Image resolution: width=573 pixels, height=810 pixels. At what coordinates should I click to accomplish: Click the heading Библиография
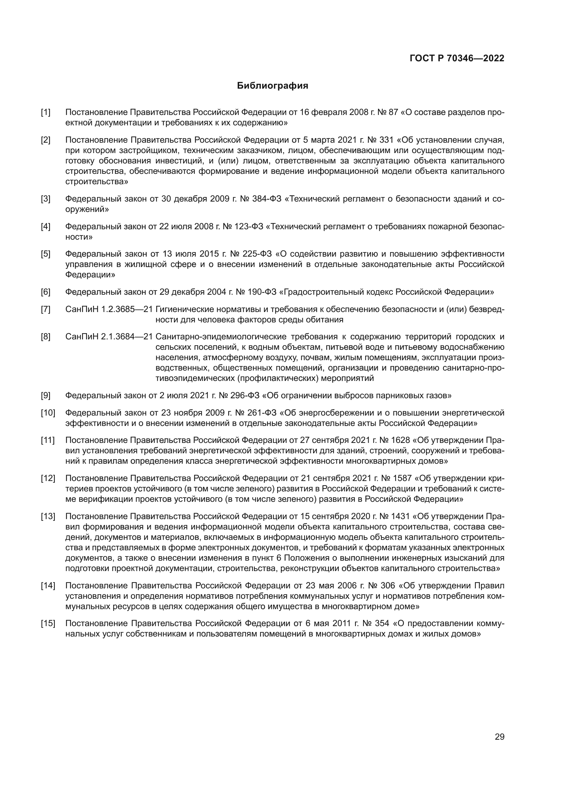click(272, 86)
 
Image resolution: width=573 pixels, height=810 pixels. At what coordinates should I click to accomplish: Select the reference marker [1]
click(45, 113)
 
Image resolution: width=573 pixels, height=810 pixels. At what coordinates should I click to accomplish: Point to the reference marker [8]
click(45, 337)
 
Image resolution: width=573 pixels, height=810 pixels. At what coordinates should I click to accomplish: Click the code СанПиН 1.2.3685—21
click(109, 309)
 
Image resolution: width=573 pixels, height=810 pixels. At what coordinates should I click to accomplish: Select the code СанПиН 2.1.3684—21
click(109, 337)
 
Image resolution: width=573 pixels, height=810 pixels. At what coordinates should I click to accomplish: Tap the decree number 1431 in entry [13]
click(400, 516)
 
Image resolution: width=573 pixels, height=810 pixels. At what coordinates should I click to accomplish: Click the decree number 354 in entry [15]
click(382, 623)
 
